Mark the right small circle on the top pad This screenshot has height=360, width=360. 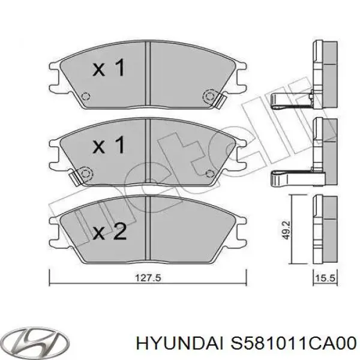click(x=210, y=95)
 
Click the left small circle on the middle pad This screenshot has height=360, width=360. click(x=85, y=174)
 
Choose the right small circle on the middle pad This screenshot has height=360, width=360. click(x=210, y=174)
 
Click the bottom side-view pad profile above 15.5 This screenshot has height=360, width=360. click(x=325, y=230)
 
